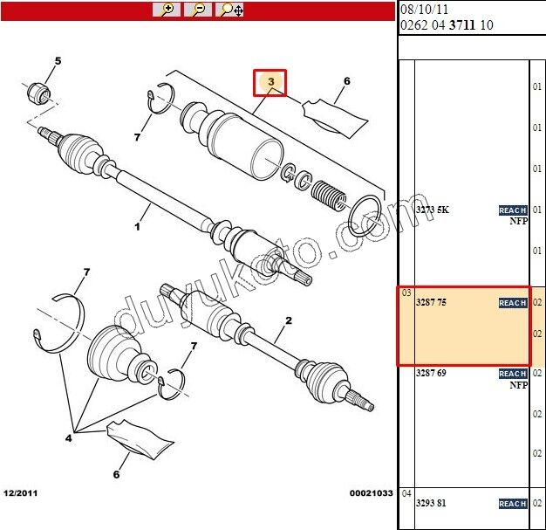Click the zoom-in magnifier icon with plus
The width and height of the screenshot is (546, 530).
[x=167, y=10]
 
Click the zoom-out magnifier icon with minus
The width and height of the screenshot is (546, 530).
[x=198, y=10]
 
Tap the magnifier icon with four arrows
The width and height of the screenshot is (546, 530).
[x=231, y=10]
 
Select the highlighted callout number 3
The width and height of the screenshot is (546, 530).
[x=270, y=82]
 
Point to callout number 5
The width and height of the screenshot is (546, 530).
[x=58, y=61]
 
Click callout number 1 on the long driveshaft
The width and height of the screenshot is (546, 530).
[x=137, y=227]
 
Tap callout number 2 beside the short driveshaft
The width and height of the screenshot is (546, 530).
[x=289, y=320]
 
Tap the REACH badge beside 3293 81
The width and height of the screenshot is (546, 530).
[x=512, y=504]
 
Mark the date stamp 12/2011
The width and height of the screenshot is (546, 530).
[x=21, y=494]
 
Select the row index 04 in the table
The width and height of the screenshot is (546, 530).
[x=406, y=492]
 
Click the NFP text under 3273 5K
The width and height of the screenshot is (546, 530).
[x=519, y=222]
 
